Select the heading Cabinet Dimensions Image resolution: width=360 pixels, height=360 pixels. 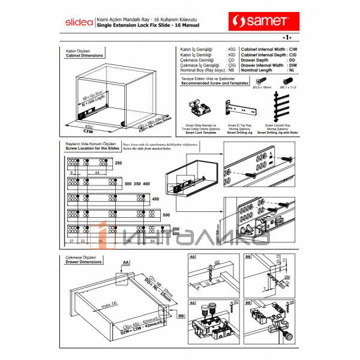click(x=84, y=55)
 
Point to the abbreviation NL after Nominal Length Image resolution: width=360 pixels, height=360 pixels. click(x=291, y=71)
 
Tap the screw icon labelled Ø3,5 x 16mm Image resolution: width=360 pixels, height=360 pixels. click(x=261, y=82)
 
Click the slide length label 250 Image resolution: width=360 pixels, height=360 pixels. click(x=118, y=163)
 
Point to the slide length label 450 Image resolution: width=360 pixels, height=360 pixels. click(x=155, y=199)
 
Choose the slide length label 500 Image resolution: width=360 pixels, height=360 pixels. click(x=166, y=214)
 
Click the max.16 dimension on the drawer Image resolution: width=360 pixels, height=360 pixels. click(x=109, y=305)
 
